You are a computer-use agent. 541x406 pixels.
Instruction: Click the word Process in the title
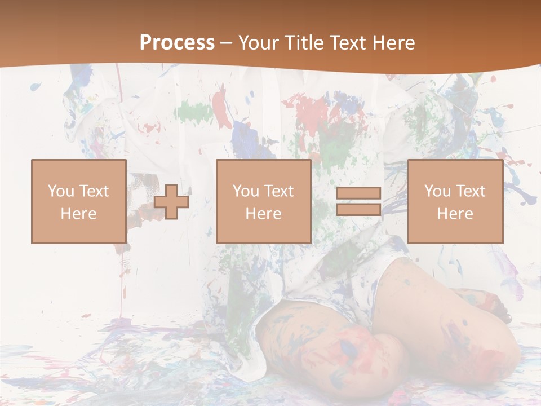click(177, 43)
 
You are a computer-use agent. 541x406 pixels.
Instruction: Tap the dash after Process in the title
click(227, 43)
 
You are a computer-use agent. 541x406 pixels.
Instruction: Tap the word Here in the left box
click(78, 214)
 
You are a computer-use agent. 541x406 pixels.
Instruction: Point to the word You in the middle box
click(246, 191)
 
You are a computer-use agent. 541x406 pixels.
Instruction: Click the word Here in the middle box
click(263, 214)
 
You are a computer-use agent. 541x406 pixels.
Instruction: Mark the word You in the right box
click(437, 191)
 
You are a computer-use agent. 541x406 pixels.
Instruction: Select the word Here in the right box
click(455, 214)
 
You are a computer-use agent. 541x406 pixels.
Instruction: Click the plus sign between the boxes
click(171, 202)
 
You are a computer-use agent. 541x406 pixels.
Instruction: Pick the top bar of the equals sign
click(358, 193)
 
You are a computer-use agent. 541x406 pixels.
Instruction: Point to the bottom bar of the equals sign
click(358, 210)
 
